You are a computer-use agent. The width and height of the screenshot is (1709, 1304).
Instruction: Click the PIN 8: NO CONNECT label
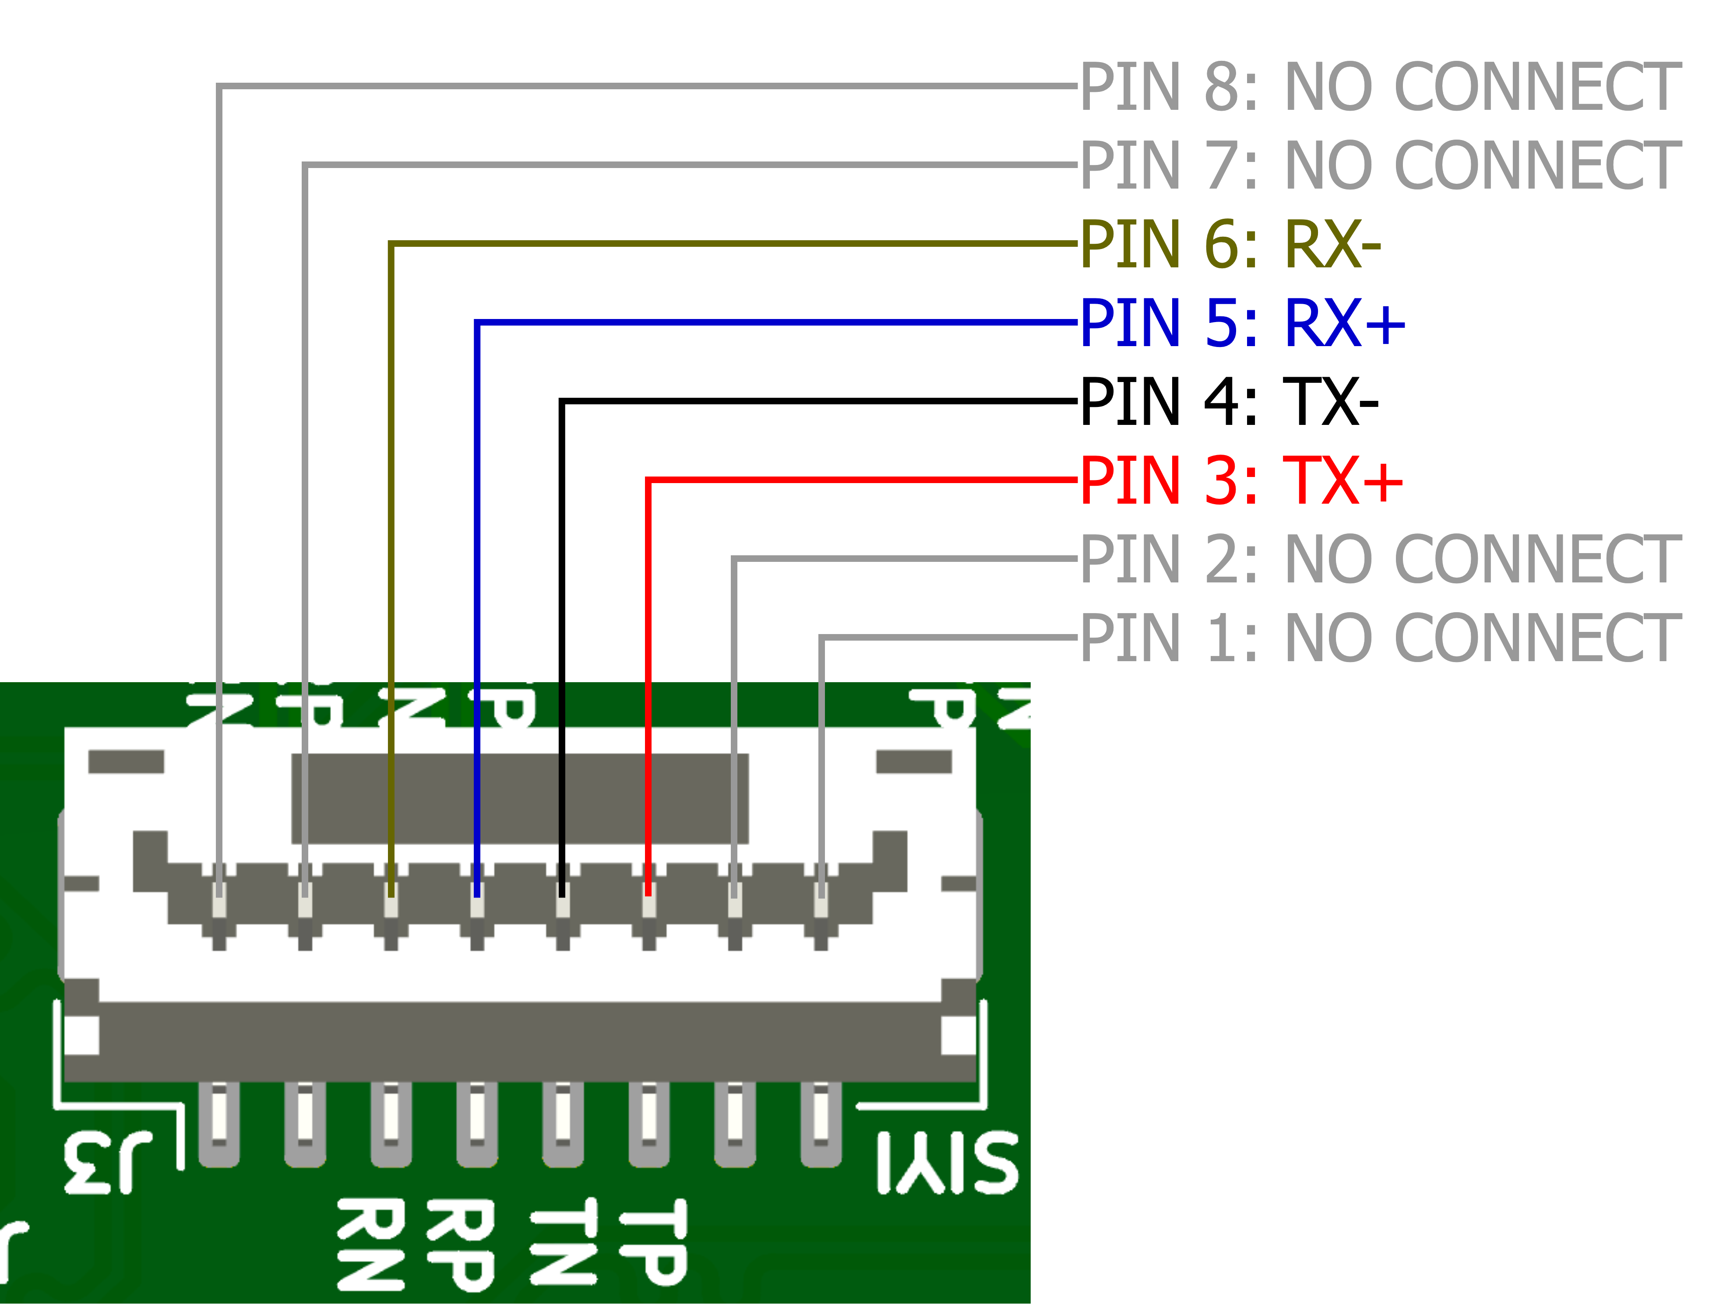1380,87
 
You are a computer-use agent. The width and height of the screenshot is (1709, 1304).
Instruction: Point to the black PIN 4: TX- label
1229,401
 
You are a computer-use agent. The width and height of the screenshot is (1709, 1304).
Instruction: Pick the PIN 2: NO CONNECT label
1380,559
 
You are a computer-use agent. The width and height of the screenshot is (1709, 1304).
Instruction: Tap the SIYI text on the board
947,1162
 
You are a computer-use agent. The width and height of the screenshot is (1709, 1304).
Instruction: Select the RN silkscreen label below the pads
371,1244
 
